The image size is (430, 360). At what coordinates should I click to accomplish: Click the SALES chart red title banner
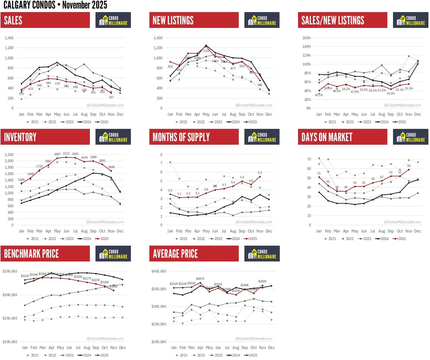(45, 20)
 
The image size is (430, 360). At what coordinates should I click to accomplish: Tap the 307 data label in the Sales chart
(111, 97)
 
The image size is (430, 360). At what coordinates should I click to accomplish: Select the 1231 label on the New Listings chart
(206, 51)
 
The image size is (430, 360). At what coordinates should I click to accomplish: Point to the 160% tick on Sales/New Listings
(307, 38)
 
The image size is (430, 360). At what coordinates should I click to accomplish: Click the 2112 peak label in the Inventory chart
(66, 153)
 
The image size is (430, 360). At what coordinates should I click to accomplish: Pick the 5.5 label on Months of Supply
(260, 173)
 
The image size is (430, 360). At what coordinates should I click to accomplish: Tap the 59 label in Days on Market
(409, 166)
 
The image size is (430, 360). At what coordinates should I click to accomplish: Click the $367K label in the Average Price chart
(200, 279)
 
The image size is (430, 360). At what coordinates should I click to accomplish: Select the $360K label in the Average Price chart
(262, 281)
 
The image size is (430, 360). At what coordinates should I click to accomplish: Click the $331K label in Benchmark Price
(25, 276)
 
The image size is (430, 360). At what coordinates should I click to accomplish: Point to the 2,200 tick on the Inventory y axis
(9, 155)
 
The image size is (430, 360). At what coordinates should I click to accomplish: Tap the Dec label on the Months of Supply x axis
(269, 231)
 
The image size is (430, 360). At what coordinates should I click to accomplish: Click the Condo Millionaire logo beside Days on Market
(410, 137)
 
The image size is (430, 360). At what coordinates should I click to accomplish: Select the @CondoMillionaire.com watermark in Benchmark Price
(105, 339)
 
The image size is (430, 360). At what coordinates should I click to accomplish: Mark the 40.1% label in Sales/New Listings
(319, 95)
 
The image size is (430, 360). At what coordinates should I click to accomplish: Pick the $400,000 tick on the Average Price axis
(159, 271)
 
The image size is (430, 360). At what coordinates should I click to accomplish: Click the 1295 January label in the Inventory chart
(21, 180)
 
